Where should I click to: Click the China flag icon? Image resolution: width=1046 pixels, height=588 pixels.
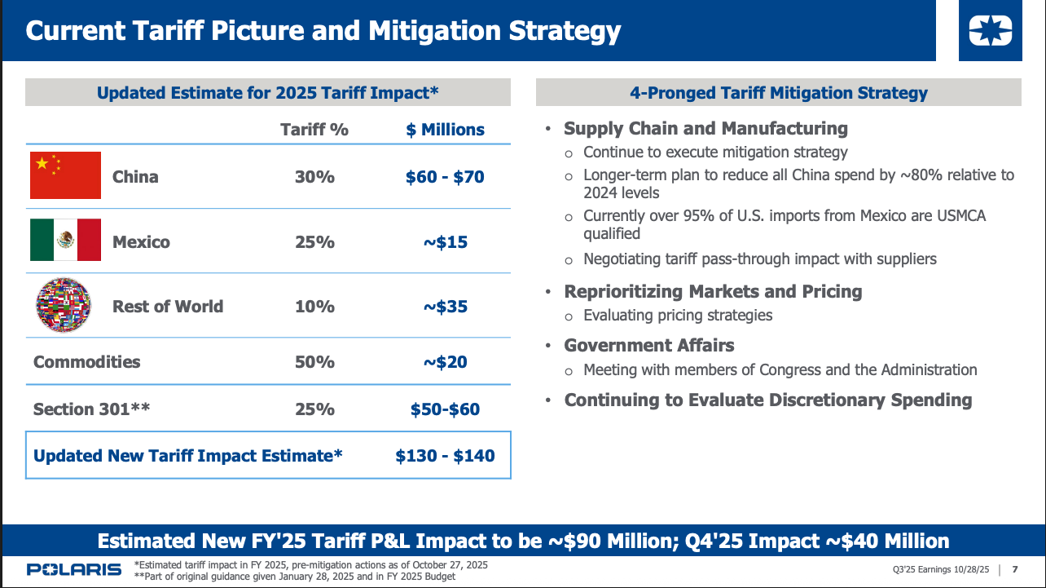click(65, 175)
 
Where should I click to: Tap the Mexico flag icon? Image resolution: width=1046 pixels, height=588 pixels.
click(65, 240)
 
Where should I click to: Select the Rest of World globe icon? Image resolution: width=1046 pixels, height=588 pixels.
click(64, 305)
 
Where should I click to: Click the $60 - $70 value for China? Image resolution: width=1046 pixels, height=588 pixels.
click(445, 177)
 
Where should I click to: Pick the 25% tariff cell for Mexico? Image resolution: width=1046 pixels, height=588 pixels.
click(314, 242)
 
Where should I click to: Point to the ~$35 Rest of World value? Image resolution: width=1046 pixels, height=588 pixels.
click(445, 307)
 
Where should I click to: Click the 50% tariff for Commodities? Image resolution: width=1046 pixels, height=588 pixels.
click(314, 362)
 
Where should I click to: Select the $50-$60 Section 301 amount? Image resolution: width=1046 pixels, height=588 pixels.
click(445, 409)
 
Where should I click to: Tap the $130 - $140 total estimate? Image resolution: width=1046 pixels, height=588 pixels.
click(445, 456)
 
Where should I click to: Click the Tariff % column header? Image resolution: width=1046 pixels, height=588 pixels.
click(314, 130)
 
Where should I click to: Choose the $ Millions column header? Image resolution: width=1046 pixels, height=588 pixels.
click(445, 130)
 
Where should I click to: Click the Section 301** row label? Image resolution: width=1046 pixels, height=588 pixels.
click(91, 409)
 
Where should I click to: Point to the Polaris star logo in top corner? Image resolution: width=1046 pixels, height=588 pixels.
click(990, 32)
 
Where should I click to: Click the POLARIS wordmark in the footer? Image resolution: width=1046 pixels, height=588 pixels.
click(73, 569)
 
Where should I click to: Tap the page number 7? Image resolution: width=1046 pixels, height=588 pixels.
click(1014, 569)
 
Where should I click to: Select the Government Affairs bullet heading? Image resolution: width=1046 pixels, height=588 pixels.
click(649, 345)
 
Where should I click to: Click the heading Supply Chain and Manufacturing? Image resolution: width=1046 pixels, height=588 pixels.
click(705, 128)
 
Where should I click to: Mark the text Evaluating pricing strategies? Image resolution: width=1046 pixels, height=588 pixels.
click(678, 315)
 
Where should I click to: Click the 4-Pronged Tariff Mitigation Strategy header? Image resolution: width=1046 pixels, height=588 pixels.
click(778, 93)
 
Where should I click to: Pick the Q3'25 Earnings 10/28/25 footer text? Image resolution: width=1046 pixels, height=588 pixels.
click(941, 569)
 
